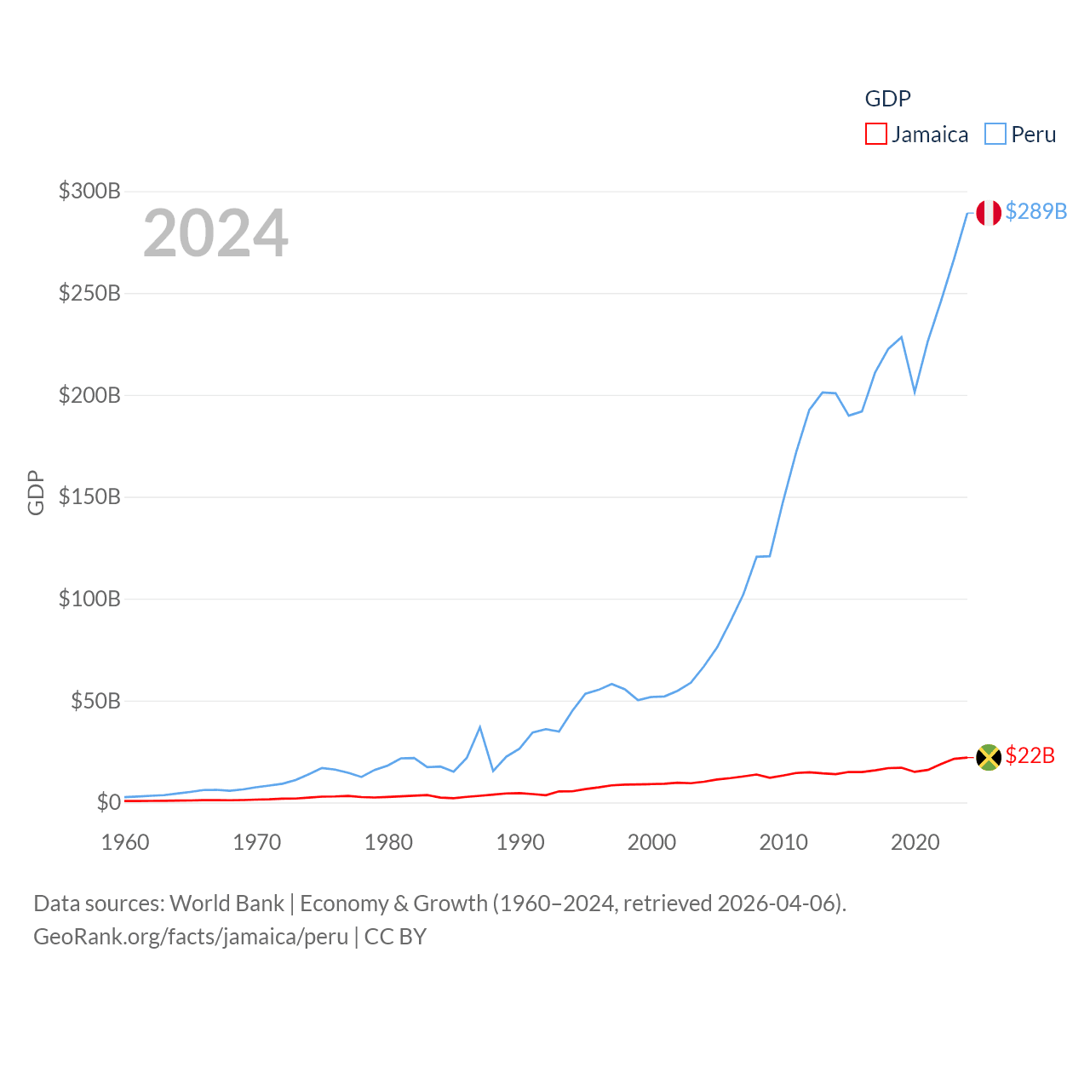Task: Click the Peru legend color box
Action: (x=995, y=135)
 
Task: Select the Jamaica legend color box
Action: (x=875, y=135)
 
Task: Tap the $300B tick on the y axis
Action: (x=89, y=191)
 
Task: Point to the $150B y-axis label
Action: (x=89, y=496)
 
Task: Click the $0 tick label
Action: (x=108, y=802)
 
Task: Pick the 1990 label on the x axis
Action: (x=520, y=842)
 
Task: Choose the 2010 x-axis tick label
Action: (x=783, y=842)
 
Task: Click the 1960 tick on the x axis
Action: (x=125, y=842)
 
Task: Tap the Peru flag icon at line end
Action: (x=989, y=213)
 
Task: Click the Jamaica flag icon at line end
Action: (x=989, y=757)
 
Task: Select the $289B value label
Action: (x=1035, y=211)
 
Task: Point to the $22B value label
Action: (x=1030, y=755)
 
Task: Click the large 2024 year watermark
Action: (x=215, y=233)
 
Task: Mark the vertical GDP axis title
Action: (x=36, y=492)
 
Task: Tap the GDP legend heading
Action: (x=887, y=99)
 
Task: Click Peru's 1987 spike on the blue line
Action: (x=480, y=727)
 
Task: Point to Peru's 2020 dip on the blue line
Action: (x=915, y=392)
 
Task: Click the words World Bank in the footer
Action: (x=227, y=904)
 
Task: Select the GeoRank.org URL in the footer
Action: (x=191, y=937)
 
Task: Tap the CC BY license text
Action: (x=395, y=937)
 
